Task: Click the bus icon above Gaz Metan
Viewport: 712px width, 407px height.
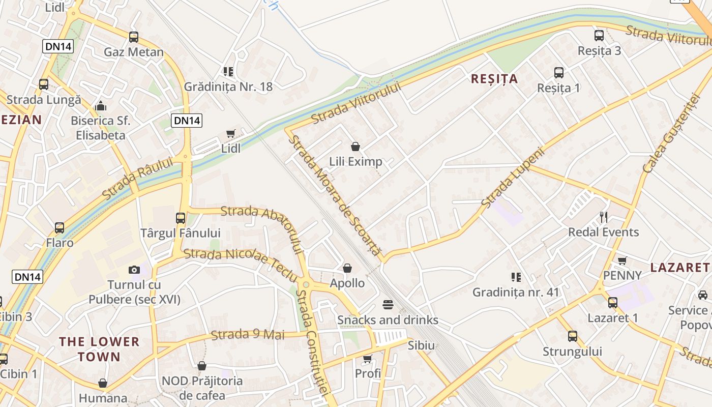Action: point(134,37)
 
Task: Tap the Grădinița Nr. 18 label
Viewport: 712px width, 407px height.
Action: point(228,86)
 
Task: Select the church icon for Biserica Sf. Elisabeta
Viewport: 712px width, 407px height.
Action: point(101,106)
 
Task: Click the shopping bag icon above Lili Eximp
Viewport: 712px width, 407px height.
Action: point(355,147)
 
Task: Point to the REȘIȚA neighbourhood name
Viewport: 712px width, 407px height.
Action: point(494,79)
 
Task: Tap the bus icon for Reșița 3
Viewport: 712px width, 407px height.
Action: point(599,36)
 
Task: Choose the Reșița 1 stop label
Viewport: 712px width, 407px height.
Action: point(558,88)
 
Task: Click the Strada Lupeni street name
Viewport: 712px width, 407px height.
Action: point(513,178)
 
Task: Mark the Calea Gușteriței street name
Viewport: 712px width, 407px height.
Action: point(668,133)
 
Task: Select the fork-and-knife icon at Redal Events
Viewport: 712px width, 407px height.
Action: point(604,217)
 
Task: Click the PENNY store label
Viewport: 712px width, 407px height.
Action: point(622,275)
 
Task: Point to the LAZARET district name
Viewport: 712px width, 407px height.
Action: point(679,267)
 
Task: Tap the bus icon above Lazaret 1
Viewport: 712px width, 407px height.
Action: point(613,303)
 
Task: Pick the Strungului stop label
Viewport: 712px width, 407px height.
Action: point(572,352)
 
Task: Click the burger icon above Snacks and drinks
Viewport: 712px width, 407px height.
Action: point(388,305)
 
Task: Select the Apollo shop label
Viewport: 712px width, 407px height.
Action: point(347,283)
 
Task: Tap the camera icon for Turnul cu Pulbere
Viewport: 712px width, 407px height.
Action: point(134,270)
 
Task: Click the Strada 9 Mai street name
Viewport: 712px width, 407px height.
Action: point(248,335)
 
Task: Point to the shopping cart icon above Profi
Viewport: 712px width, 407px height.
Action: point(368,359)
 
